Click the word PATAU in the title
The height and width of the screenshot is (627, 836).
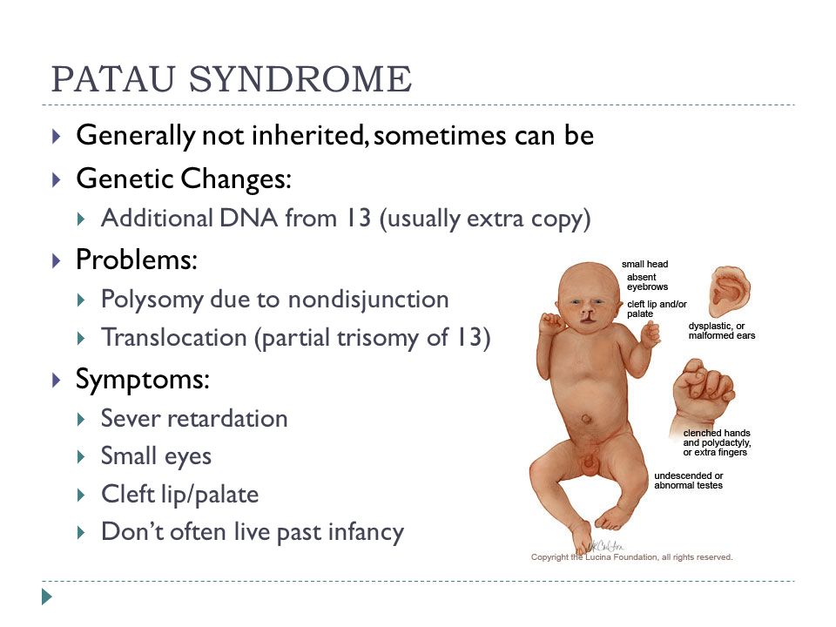pyautogui.click(x=113, y=79)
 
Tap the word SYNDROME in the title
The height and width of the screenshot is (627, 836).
pyautogui.click(x=300, y=79)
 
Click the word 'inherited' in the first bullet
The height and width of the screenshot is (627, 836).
pyautogui.click(x=307, y=134)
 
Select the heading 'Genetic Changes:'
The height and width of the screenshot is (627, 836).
pyautogui.click(x=184, y=178)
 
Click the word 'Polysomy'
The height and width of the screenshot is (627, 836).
pyautogui.click(x=152, y=300)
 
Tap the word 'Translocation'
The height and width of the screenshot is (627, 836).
pyautogui.click(x=174, y=338)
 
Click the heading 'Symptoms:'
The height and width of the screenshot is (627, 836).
pyautogui.click(x=142, y=380)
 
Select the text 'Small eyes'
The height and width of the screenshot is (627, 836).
pyautogui.click(x=156, y=456)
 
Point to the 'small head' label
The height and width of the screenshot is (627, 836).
pyautogui.click(x=644, y=264)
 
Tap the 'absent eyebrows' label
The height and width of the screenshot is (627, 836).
pyautogui.click(x=647, y=282)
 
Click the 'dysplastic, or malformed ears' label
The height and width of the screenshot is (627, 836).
pyautogui.click(x=721, y=331)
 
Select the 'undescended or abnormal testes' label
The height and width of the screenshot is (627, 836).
pyautogui.click(x=688, y=481)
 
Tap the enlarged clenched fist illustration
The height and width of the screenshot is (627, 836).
pyautogui.click(x=703, y=393)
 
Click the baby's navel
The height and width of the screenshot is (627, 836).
pyautogui.click(x=585, y=419)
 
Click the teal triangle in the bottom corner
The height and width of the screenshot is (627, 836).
pyautogui.click(x=47, y=597)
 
